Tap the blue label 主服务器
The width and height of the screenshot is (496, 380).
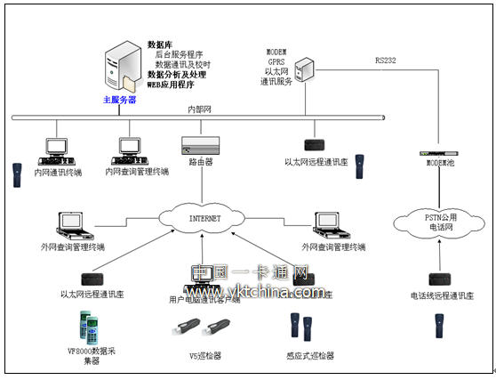tap(120, 100)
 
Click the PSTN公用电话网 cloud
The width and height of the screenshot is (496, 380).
tap(436, 220)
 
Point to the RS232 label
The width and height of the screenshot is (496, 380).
tap(387, 61)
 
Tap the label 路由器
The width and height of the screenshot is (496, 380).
tap(201, 162)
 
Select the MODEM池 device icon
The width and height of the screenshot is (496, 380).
tap(438, 153)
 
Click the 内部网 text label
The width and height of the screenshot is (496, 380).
tap(199, 109)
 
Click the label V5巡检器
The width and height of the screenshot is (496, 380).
tap(207, 356)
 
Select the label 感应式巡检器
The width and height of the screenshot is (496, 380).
tap(311, 356)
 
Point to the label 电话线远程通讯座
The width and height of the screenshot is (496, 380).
tap(442, 295)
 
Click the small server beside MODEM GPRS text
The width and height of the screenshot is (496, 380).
tap(305, 68)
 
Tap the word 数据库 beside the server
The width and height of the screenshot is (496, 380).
tap(161, 44)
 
